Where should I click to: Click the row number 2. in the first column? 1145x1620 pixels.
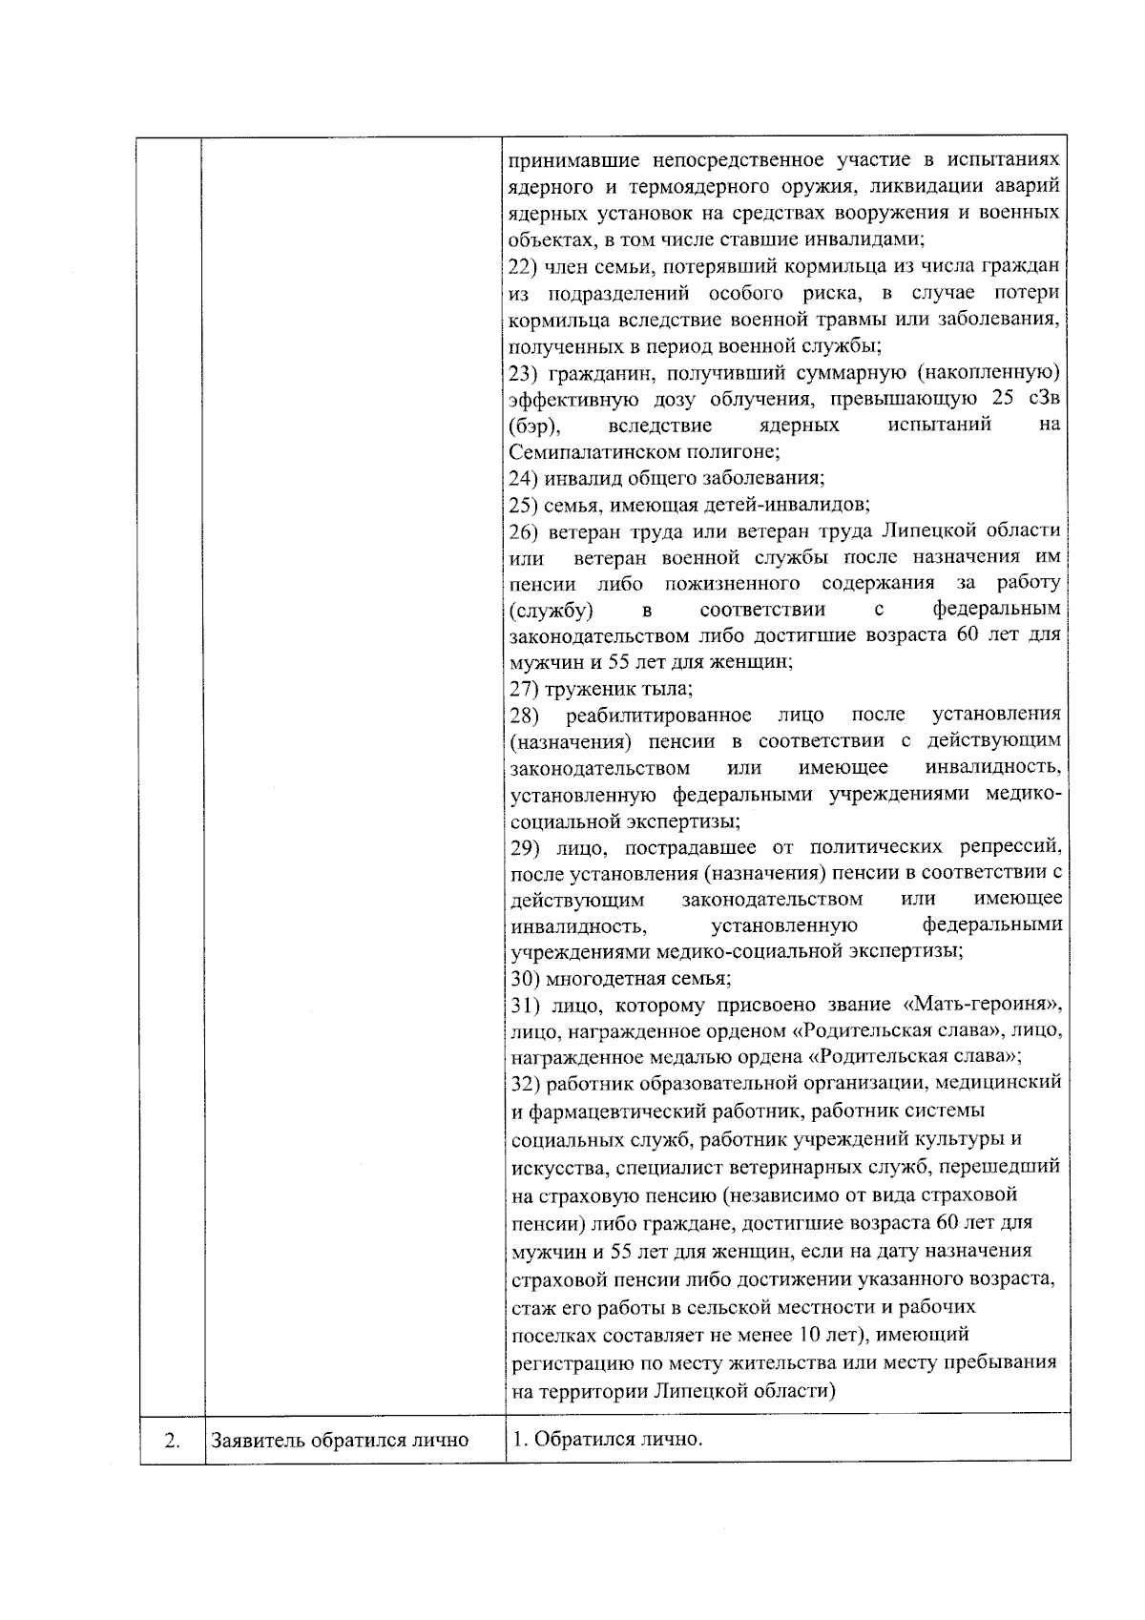173,1440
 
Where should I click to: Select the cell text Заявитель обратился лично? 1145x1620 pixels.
340,1440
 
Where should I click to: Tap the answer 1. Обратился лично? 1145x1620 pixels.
607,1438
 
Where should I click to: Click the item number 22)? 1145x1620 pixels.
526,265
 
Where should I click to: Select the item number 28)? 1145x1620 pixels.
526,715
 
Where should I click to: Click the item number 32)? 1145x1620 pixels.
526,1083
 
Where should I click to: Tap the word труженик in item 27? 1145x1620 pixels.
588,688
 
